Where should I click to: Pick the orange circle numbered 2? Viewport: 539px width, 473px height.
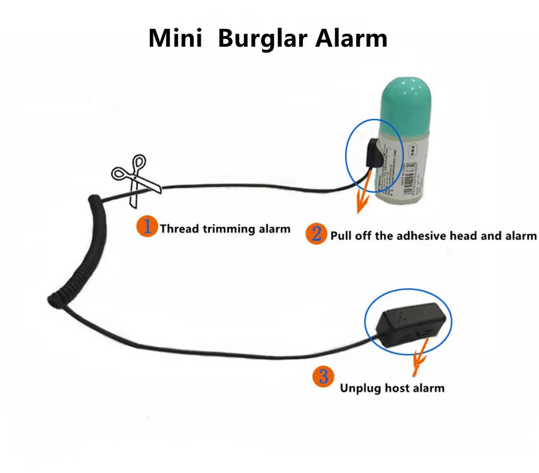pyautogui.click(x=316, y=234)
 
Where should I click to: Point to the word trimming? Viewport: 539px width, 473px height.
pyautogui.click(x=228, y=229)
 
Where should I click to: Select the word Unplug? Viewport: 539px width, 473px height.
pyautogui.click(x=361, y=388)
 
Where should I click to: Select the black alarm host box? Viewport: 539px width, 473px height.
pyautogui.click(x=408, y=325)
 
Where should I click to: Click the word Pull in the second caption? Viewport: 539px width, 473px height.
pyautogui.click(x=341, y=236)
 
